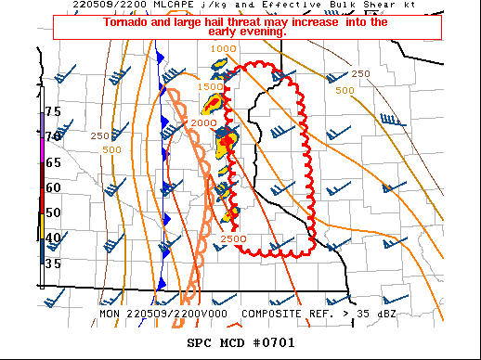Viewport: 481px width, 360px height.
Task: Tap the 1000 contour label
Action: coord(223,48)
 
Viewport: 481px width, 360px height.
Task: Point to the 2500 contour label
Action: coord(233,239)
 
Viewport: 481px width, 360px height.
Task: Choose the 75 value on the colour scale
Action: coord(53,111)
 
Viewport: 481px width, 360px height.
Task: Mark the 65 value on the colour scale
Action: coord(53,161)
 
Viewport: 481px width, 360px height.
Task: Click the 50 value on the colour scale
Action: coord(53,212)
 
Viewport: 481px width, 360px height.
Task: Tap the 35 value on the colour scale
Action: coord(53,264)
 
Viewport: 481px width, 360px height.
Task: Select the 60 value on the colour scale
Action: coord(53,186)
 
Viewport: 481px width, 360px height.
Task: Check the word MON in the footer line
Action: coord(111,314)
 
